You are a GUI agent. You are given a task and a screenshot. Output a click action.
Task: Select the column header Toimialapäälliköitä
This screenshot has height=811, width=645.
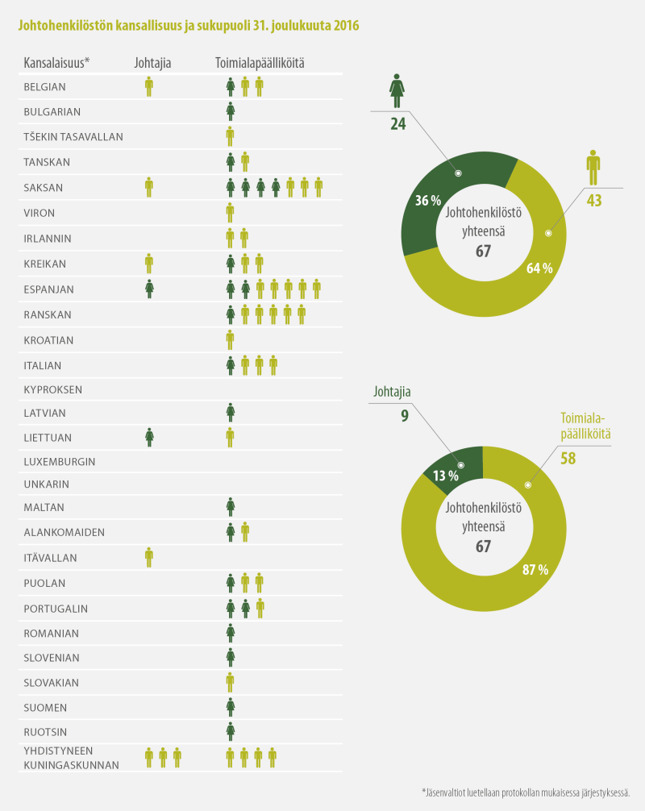(x=259, y=62)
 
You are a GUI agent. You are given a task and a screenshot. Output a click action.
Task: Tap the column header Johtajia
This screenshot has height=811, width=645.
(x=152, y=62)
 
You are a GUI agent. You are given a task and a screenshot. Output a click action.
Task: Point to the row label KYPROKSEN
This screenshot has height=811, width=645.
(x=53, y=389)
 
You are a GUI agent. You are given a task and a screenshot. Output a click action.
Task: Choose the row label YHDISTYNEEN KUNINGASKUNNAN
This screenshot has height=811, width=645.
(x=71, y=758)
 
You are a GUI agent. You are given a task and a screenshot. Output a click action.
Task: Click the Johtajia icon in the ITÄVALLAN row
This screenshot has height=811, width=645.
(x=149, y=555)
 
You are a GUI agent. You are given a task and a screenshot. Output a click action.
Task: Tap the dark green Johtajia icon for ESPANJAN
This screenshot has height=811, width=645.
(x=149, y=288)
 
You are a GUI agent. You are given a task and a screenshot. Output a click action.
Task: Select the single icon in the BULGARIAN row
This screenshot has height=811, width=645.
(x=231, y=111)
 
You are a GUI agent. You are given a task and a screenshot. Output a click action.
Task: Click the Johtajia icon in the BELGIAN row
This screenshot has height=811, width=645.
(x=149, y=86)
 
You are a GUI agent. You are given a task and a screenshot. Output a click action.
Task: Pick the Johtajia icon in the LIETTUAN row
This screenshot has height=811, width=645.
(x=149, y=437)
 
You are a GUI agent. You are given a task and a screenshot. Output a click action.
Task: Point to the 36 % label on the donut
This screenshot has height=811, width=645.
(x=427, y=201)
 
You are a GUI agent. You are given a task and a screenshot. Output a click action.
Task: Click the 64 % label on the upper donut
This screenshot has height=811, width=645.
(x=539, y=268)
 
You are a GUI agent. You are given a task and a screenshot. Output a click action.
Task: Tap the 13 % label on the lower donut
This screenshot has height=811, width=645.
(x=445, y=475)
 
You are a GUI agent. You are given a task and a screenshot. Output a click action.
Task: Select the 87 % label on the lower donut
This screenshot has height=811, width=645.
(x=535, y=569)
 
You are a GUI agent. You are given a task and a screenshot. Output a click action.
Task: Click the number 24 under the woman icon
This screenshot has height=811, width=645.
(x=397, y=124)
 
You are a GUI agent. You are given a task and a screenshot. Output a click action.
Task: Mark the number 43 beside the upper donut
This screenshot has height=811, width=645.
(x=594, y=201)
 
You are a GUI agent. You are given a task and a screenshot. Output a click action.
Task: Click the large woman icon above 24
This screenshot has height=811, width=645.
(x=397, y=91)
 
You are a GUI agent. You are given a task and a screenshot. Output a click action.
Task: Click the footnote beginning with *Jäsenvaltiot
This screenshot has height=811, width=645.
(x=525, y=793)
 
